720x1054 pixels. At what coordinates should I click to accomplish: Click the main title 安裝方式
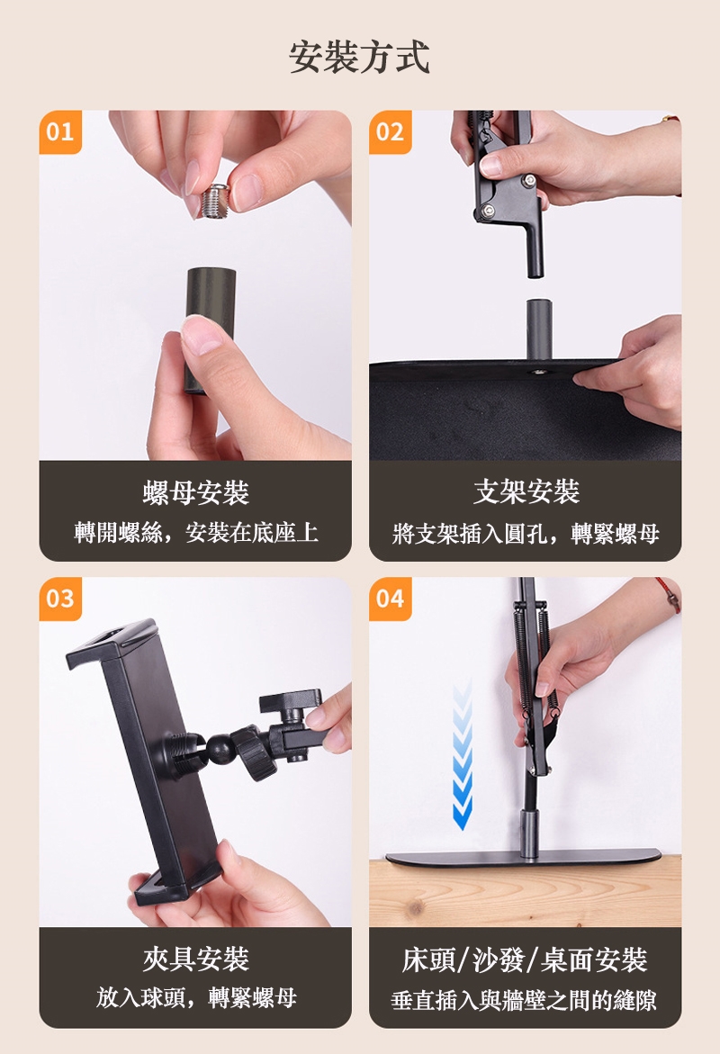[x=360, y=57]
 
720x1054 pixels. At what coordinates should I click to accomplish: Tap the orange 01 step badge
[x=60, y=131]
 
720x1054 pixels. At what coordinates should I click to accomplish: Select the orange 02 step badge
[x=391, y=131]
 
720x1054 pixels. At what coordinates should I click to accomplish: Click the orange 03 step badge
[x=60, y=599]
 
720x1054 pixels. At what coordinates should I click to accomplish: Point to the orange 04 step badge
[x=391, y=599]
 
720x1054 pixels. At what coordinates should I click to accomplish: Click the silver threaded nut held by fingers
[x=215, y=201]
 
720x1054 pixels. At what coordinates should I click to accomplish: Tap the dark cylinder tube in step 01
[x=211, y=329]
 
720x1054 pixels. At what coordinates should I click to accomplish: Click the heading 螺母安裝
[x=195, y=492]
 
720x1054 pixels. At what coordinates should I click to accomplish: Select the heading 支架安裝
[x=526, y=491]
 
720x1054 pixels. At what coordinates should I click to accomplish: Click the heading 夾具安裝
[x=195, y=959]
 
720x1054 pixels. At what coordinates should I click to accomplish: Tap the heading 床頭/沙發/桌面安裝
[x=525, y=959]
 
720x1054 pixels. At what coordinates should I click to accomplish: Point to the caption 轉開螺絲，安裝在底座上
[x=195, y=532]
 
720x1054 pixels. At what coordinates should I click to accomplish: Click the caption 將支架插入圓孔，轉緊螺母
[x=526, y=533]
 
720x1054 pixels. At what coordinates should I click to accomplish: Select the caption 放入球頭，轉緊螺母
[x=195, y=997]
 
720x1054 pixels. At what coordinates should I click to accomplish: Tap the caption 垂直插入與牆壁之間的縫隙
[x=525, y=1000]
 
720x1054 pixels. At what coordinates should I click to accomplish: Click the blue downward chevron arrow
[x=463, y=756]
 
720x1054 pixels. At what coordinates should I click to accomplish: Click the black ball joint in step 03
[x=220, y=749]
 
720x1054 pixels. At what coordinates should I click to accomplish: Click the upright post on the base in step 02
[x=539, y=330]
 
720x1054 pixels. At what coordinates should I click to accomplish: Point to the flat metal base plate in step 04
[x=524, y=858]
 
